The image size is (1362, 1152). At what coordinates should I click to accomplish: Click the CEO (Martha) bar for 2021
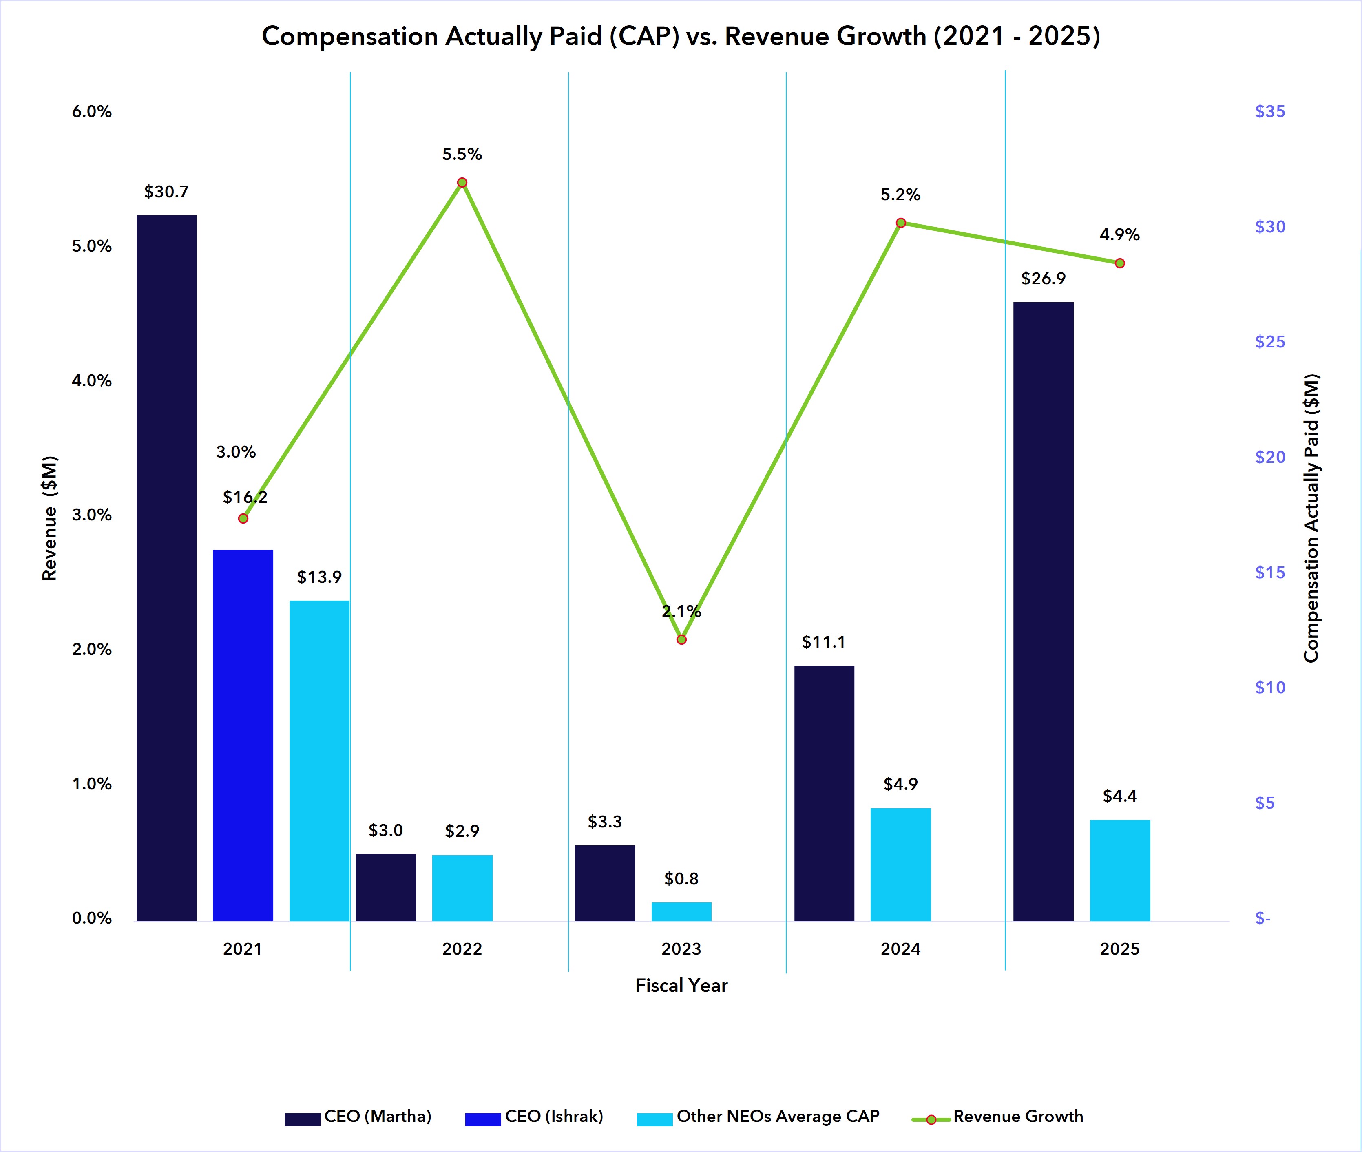pyautogui.click(x=166, y=568)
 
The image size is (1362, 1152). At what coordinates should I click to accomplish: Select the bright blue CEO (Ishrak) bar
pyautogui.click(x=243, y=735)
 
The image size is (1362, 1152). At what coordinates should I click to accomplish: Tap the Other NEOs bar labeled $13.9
pyautogui.click(x=319, y=761)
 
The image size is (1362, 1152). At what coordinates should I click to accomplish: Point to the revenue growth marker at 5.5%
pyautogui.click(x=462, y=182)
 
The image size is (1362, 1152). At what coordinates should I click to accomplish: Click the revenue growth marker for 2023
pyautogui.click(x=681, y=639)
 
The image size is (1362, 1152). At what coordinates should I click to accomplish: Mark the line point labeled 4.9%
pyautogui.click(x=1120, y=263)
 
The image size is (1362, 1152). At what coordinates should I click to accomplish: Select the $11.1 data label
pyautogui.click(x=823, y=642)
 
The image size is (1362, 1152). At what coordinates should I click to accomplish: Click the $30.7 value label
pyautogui.click(x=166, y=191)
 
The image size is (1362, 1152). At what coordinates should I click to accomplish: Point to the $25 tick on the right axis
pyautogui.click(x=1269, y=342)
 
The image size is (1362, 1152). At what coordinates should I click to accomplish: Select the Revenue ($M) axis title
pyautogui.click(x=50, y=518)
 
